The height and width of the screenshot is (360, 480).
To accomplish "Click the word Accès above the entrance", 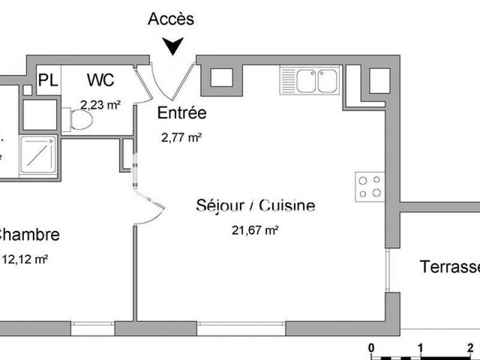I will point(171,19).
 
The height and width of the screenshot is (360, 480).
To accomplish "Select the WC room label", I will point(101,80).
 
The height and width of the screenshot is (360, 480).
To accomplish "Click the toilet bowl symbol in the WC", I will point(82,120).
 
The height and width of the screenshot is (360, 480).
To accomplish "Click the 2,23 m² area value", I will point(101,104).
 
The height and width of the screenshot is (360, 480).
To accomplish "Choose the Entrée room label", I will point(181,113).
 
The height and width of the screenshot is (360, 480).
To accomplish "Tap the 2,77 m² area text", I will point(181,137).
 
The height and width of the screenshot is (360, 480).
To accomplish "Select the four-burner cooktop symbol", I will point(370,186).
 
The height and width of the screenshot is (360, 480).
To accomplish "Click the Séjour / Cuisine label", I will point(256,206).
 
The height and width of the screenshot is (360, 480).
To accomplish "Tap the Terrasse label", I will point(450,266).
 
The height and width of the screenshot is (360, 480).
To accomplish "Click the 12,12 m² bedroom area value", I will point(26,259).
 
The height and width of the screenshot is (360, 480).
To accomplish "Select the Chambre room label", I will point(29,235).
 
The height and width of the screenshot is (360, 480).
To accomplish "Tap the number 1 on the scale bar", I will point(421,347).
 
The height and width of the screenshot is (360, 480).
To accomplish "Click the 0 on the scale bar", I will point(371,347).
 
